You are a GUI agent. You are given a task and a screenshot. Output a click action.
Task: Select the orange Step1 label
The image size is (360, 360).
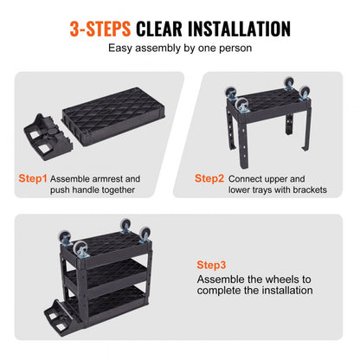pos(32,179)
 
